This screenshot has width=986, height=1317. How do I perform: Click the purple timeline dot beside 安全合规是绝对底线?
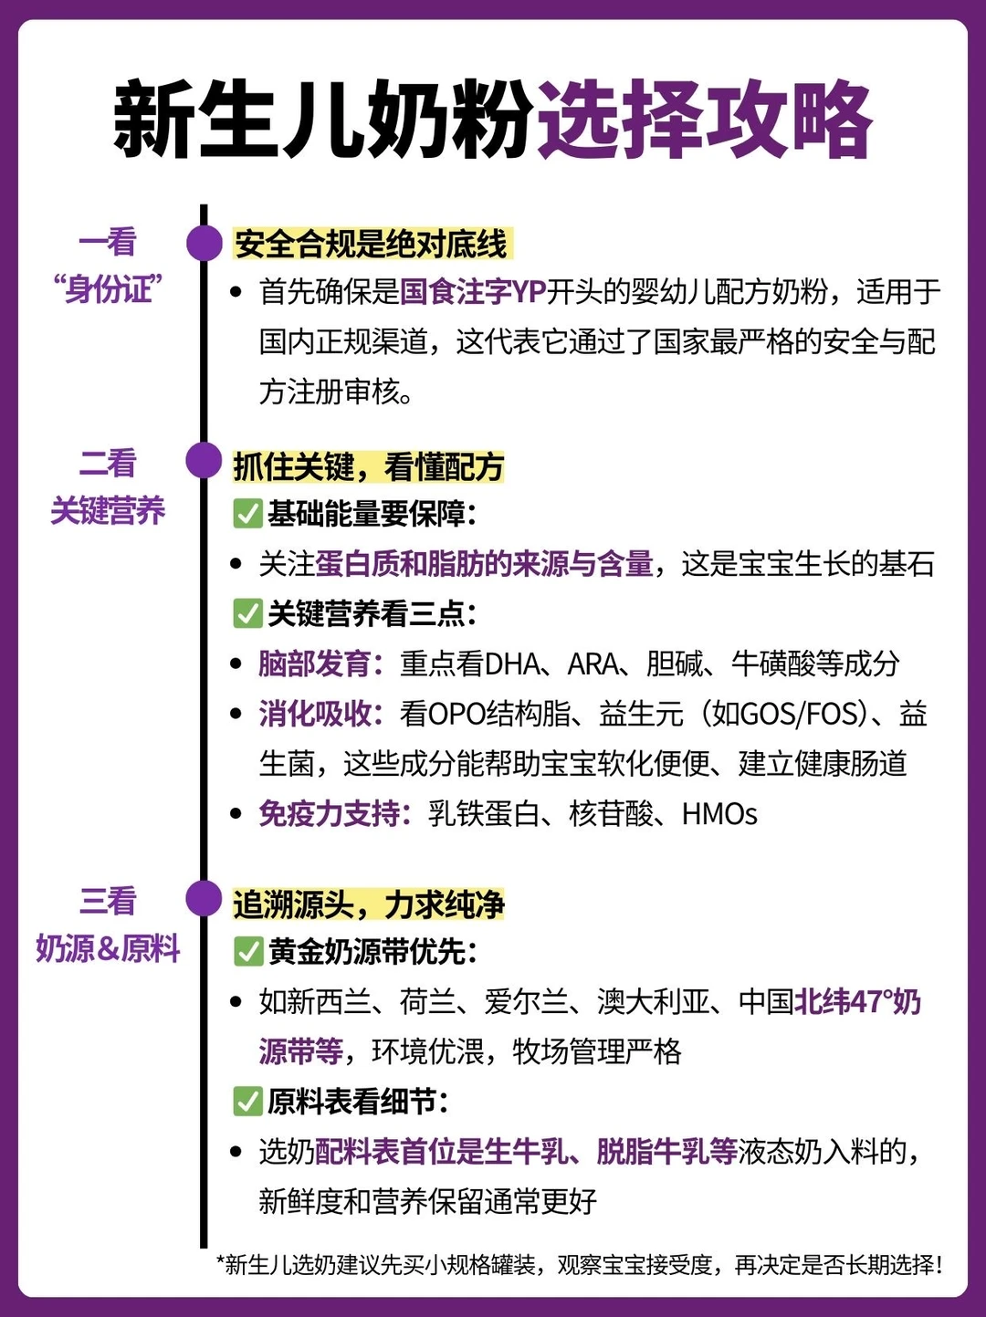tap(205, 244)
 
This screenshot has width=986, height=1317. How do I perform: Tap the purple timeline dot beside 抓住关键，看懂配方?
tap(205, 462)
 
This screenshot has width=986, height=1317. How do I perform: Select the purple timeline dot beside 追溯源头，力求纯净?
tap(205, 899)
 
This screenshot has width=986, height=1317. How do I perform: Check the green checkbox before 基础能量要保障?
tap(247, 514)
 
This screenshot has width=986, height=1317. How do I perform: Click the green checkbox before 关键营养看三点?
tap(247, 613)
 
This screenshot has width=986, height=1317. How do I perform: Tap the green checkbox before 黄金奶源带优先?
tap(247, 952)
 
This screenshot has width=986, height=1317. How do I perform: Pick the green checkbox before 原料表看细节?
tap(247, 1102)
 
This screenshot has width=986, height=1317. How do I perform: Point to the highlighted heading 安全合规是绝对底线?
tap(371, 245)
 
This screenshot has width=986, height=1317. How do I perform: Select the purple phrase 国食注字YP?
tap(473, 292)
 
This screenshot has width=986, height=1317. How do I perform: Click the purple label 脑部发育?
tap(315, 664)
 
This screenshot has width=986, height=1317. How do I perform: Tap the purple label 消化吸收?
tap(315, 714)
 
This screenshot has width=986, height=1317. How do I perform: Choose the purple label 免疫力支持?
tap(329, 813)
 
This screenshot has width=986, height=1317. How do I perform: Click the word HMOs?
tap(719, 813)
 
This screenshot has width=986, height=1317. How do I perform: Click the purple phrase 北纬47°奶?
tap(857, 1002)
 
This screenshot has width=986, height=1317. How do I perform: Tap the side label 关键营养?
tap(108, 511)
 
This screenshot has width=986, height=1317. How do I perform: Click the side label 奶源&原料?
tap(108, 949)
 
